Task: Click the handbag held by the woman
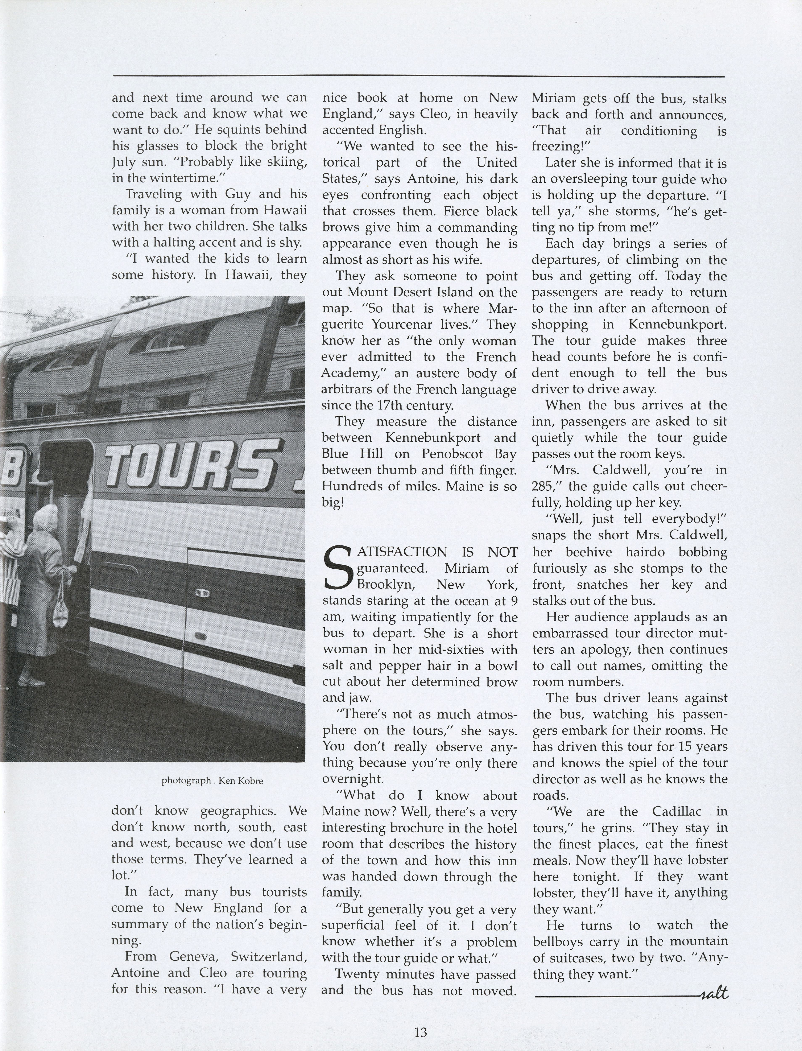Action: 61,608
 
